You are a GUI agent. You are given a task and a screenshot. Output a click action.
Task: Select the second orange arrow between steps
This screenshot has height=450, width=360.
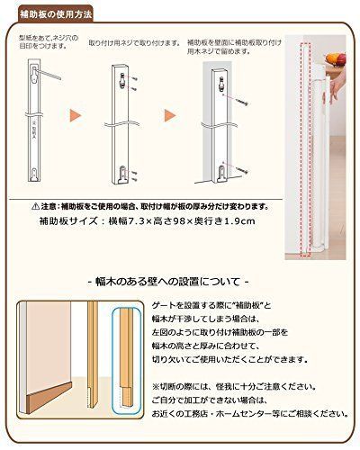coord(167,117)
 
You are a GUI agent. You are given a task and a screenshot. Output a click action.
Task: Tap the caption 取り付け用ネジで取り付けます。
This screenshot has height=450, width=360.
coord(139,43)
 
